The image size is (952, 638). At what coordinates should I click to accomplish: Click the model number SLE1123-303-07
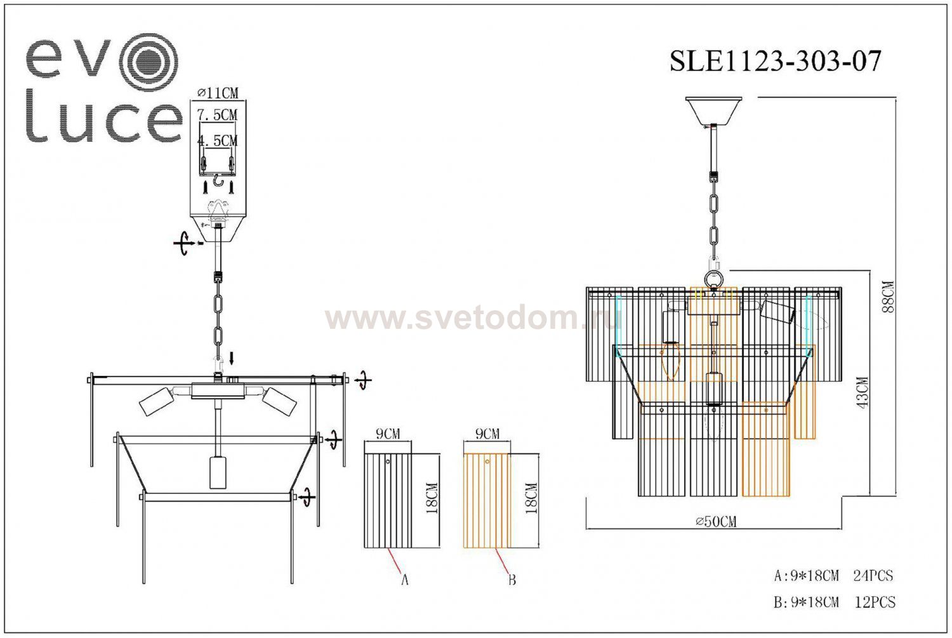[x=776, y=62]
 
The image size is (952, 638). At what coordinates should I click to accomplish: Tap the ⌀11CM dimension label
[x=218, y=93]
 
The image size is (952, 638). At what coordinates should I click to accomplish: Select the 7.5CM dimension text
[x=217, y=115]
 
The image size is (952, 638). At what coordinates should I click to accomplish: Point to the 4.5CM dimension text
[x=217, y=140]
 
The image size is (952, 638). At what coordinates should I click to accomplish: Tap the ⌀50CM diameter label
[x=716, y=522]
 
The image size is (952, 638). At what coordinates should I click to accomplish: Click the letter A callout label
[x=404, y=580]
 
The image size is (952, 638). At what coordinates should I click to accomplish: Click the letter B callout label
[x=512, y=580]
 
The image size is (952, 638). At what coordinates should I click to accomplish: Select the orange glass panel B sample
[x=487, y=500]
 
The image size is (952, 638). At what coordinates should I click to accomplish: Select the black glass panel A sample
[x=387, y=500]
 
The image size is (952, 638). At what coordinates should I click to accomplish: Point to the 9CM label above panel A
[x=388, y=434]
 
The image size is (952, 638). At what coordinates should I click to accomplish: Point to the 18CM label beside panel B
[x=532, y=498]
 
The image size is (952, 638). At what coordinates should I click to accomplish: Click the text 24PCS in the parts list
[x=873, y=576]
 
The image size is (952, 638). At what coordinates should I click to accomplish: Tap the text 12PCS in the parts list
[x=875, y=602]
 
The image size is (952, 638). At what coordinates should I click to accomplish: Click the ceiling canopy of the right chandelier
[x=714, y=110]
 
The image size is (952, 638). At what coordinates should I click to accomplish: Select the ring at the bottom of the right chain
[x=714, y=279]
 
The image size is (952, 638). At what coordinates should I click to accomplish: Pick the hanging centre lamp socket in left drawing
[x=218, y=471]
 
